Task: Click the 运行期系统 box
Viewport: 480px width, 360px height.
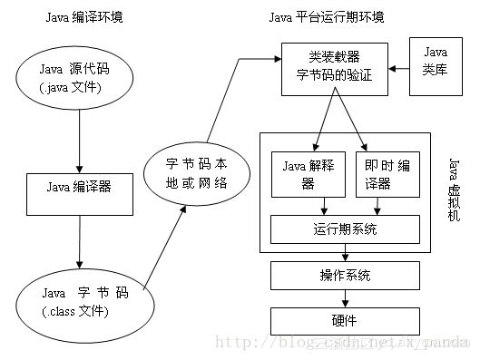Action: (345, 229)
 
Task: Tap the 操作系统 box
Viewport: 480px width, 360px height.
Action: (345, 275)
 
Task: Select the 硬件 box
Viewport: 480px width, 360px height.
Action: (345, 319)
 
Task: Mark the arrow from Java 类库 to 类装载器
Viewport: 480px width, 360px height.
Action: (399, 67)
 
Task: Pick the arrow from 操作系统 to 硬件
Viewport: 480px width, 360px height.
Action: (345, 297)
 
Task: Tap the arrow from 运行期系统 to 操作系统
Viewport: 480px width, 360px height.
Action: (345, 253)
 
